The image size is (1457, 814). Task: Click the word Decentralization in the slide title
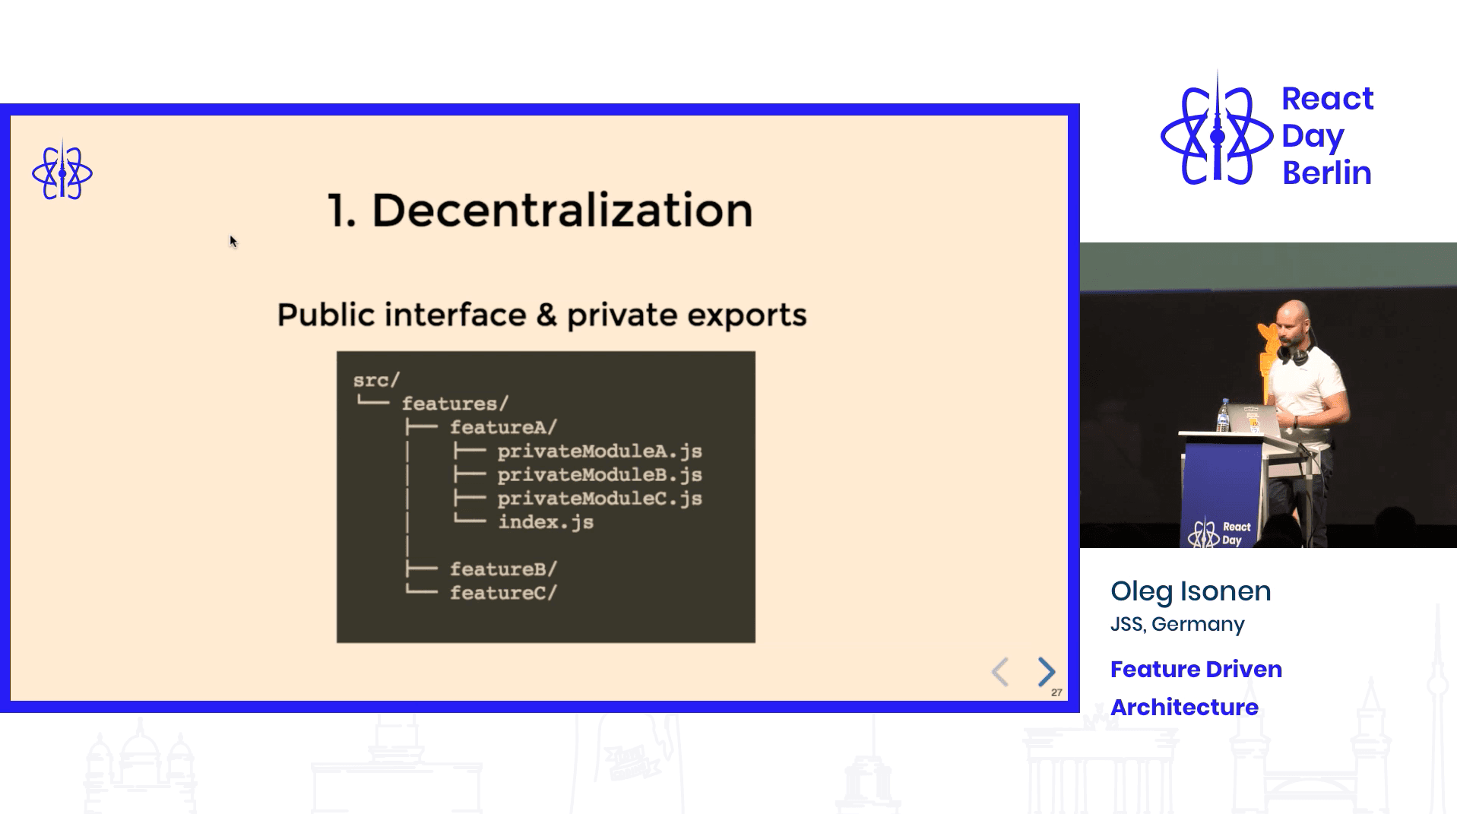tap(562, 211)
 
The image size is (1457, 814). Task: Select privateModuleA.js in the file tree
tap(599, 451)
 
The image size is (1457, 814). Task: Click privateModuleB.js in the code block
tap(599, 475)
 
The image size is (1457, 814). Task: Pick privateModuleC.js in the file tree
tap(599, 499)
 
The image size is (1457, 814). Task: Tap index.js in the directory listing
tap(545, 522)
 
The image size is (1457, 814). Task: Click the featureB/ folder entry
tap(503, 569)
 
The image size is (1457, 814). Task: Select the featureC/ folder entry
tap(503, 593)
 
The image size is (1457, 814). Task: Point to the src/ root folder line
tap(376, 380)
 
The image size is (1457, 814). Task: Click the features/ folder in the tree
tap(455, 404)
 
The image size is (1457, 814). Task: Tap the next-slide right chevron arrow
tap(1047, 672)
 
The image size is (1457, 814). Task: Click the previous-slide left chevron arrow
tap(1000, 672)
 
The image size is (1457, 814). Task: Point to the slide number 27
tap(1056, 692)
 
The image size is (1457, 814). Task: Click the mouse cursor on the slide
tap(233, 242)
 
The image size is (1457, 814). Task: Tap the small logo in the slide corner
tap(62, 173)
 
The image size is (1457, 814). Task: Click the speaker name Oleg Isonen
tap(1190, 591)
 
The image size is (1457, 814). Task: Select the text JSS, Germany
tap(1177, 624)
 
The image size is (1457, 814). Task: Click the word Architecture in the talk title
tap(1184, 707)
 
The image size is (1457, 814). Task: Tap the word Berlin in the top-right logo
tap(1326, 173)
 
